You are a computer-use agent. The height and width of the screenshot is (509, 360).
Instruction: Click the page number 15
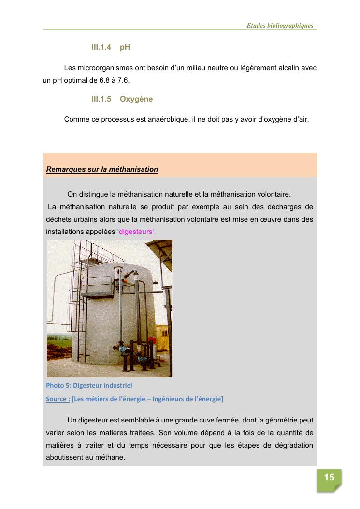click(329, 478)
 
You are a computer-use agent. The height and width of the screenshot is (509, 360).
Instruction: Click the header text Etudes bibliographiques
click(280, 26)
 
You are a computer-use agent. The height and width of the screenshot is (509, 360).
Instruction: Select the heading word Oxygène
click(136, 99)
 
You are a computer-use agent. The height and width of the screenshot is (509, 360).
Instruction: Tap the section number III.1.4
click(101, 47)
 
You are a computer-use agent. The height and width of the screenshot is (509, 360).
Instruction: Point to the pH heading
click(125, 47)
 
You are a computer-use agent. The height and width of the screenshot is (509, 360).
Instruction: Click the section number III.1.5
click(101, 99)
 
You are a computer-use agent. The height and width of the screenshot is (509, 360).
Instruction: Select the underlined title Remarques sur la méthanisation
click(102, 169)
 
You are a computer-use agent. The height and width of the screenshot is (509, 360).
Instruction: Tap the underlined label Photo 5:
click(58, 385)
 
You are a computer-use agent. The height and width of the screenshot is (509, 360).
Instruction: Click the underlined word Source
click(57, 399)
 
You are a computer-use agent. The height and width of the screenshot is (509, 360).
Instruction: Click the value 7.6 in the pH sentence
click(124, 80)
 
